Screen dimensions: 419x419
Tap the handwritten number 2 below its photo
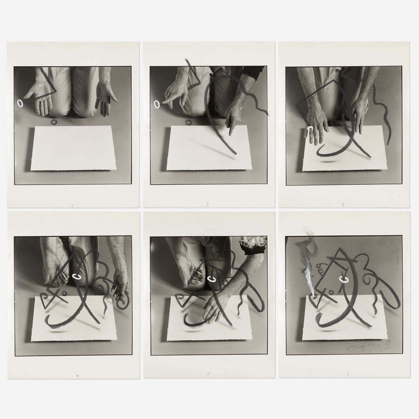pyautogui.click(x=207, y=205)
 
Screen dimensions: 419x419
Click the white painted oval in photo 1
pyautogui.click(x=20, y=103)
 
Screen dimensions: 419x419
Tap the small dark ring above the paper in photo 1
pyautogui.click(x=54, y=122)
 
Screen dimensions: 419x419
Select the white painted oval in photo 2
pyautogui.click(x=156, y=105)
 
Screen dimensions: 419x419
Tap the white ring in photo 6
pyautogui.click(x=343, y=280)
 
